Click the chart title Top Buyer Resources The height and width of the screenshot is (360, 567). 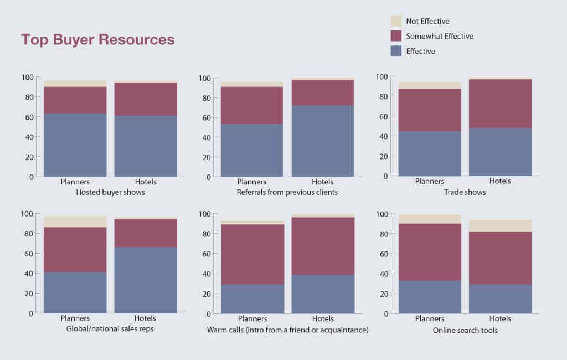point(97,39)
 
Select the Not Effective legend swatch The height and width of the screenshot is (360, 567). point(396,21)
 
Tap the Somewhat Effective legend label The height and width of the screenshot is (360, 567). point(440,36)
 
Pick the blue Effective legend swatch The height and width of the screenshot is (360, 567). point(396,51)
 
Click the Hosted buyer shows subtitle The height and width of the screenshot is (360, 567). point(110,193)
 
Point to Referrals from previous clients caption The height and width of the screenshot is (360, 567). point(287,193)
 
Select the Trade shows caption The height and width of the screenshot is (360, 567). point(465,192)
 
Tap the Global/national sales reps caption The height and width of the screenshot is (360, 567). point(111,330)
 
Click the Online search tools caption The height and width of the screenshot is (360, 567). point(465,330)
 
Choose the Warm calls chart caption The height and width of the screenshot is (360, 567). point(288,330)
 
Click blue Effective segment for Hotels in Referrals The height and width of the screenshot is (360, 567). point(323,141)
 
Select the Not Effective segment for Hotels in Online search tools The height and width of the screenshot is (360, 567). point(500,225)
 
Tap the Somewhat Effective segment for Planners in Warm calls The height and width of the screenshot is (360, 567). point(252,254)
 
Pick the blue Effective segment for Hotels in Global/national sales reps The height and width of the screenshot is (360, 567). point(146,280)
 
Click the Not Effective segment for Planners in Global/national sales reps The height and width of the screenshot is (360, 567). point(75,222)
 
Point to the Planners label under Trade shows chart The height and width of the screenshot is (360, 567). point(430,181)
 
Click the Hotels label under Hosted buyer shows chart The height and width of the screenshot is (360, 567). point(146,182)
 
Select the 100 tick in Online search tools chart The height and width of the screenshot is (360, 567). point(382,214)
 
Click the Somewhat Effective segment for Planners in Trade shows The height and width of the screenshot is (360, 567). point(430,110)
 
